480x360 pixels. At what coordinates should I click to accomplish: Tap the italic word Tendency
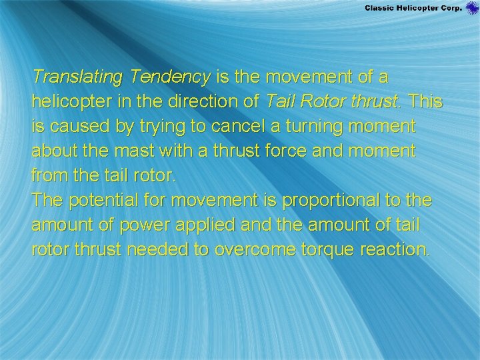point(171,77)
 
